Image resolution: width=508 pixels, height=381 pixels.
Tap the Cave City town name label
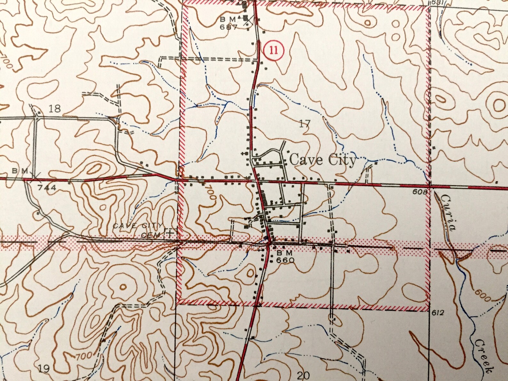tap(322, 160)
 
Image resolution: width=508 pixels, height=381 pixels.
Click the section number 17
tap(305, 123)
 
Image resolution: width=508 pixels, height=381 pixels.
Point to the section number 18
tap(55, 108)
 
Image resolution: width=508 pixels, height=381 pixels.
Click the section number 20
tap(303, 375)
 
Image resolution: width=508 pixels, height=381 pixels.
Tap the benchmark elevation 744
tap(47, 187)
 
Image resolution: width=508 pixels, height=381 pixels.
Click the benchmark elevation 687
tap(228, 27)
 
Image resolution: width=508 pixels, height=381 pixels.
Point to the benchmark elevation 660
tap(285, 260)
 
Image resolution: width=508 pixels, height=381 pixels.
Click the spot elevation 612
tap(437, 313)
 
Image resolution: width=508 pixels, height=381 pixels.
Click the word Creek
tap(482, 356)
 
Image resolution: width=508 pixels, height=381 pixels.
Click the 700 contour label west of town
tap(210, 194)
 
